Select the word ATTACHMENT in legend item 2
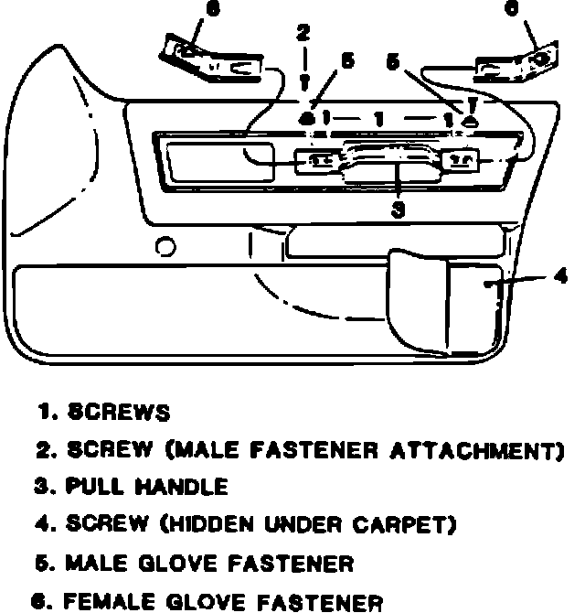(x=484, y=450)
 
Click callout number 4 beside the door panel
(x=560, y=276)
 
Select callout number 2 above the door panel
(x=303, y=35)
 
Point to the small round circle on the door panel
(x=165, y=246)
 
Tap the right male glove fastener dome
(x=470, y=119)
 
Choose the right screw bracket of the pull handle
(x=456, y=161)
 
